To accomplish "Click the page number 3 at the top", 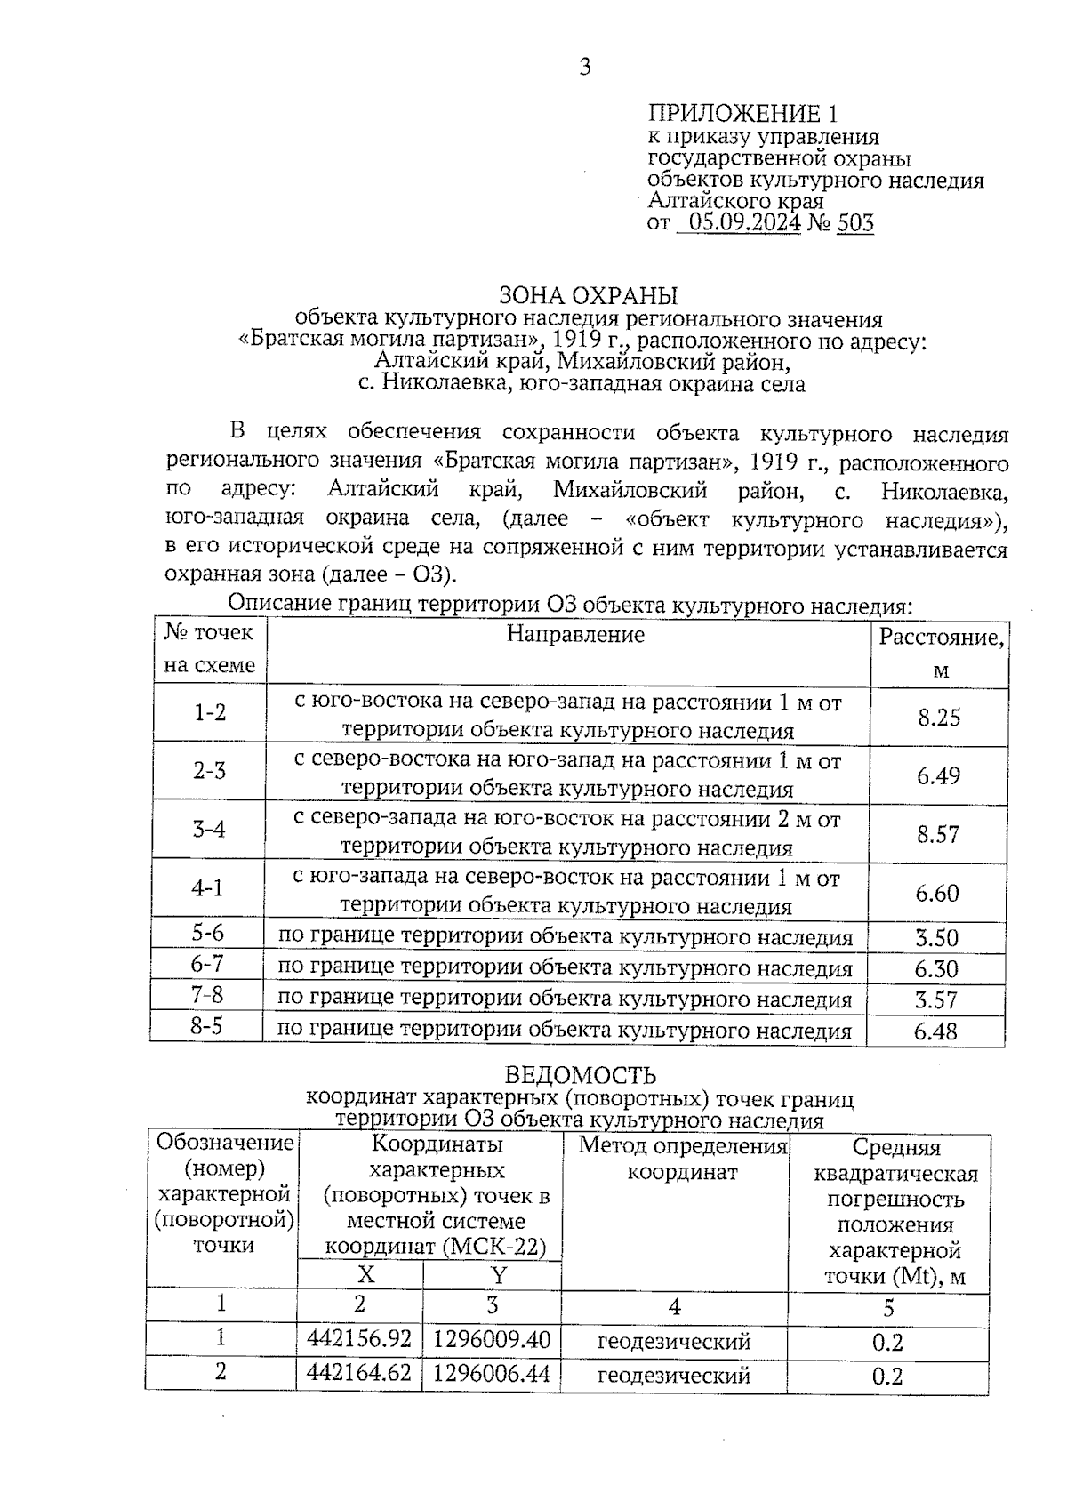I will [584, 67].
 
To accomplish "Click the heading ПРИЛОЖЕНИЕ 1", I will [742, 114].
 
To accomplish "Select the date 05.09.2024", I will [744, 223].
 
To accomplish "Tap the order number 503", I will [855, 223].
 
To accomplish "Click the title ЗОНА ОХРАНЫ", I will [588, 295].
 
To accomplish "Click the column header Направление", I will [575, 635].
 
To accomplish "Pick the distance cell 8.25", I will [939, 717].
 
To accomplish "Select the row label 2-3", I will [210, 771].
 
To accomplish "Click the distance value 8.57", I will [939, 834].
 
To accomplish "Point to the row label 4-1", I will [208, 888].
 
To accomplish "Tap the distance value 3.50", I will [936, 938].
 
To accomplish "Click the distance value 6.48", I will [935, 1031].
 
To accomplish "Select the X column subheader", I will [365, 1275].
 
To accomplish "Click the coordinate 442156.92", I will [359, 1339].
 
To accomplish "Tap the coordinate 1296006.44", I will [491, 1374].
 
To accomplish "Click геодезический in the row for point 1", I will [674, 1341].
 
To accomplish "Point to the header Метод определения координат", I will [683, 1159].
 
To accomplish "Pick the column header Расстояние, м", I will [941, 652].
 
